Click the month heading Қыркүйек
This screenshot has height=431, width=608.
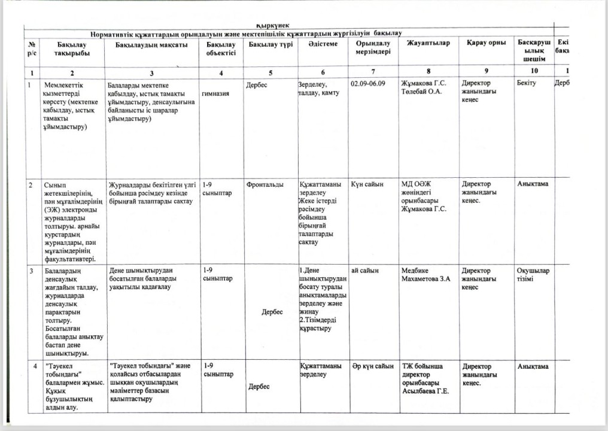tap(272, 25)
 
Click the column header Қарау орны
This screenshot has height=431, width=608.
tap(482, 43)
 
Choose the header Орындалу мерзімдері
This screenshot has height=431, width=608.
tap(373, 48)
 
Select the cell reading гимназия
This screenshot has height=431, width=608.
tap(218, 93)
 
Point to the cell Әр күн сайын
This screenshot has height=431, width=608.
tap(372, 366)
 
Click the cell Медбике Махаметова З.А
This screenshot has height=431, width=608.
tap(425, 275)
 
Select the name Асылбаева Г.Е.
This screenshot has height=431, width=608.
tap(425, 391)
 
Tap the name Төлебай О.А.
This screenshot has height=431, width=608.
tap(423, 93)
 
